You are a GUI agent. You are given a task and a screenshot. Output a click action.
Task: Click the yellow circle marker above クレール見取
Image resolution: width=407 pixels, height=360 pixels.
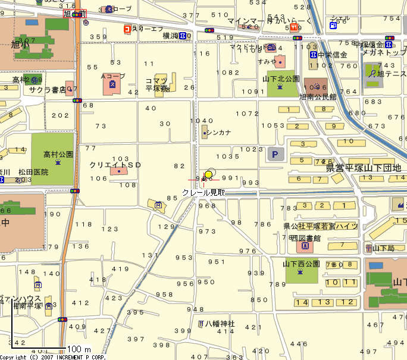click(x=208, y=174)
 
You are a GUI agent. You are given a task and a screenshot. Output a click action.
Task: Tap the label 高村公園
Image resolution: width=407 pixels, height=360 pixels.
click(x=58, y=154)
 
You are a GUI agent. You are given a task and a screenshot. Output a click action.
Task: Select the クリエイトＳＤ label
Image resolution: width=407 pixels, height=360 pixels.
click(x=115, y=164)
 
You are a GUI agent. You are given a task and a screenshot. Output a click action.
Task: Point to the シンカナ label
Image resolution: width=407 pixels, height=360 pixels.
click(x=218, y=133)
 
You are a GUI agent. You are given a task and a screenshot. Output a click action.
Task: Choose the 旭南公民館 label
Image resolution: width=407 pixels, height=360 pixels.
click(x=317, y=96)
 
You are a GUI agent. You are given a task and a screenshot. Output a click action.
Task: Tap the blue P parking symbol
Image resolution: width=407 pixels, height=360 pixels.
click(x=275, y=155)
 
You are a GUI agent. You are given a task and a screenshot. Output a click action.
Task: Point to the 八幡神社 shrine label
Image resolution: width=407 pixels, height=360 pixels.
click(x=220, y=324)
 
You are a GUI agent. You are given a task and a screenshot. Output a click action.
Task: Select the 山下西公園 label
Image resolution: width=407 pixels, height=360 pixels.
click(x=301, y=264)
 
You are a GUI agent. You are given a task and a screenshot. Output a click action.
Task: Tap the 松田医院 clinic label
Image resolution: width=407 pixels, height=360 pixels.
click(x=33, y=172)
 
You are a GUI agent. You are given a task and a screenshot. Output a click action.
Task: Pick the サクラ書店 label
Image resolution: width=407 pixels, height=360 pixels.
click(x=47, y=90)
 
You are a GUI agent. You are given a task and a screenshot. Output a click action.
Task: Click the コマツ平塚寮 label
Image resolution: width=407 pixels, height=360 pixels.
click(x=158, y=84)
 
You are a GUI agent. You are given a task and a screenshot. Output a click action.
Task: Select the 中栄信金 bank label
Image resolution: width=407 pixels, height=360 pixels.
click(x=332, y=55)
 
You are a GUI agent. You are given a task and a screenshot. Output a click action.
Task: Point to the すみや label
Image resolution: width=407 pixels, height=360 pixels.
click(x=267, y=62)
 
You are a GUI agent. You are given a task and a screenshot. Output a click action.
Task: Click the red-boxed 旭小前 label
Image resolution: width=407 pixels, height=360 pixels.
click(x=74, y=14)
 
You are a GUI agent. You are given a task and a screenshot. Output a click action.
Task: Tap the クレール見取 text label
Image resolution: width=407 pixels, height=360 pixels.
click(x=203, y=192)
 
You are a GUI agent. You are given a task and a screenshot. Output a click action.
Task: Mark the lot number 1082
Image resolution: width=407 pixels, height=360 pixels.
click(x=227, y=72)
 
